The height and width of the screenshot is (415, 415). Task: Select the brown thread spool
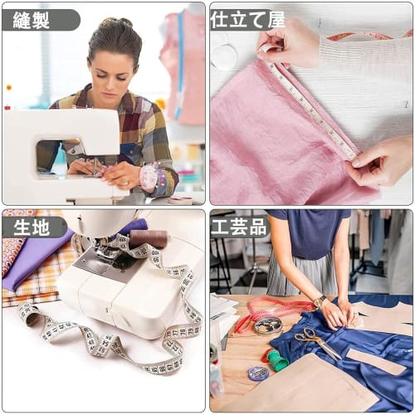pos(149,239)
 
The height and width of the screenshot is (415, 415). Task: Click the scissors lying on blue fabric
pos(315,340)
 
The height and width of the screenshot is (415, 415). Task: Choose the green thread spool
pos(276,359)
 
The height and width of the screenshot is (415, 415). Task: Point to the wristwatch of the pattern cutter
pos(320,301)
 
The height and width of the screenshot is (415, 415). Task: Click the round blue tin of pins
pos(258,373)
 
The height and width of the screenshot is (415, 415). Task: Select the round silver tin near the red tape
pos(267,326)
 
